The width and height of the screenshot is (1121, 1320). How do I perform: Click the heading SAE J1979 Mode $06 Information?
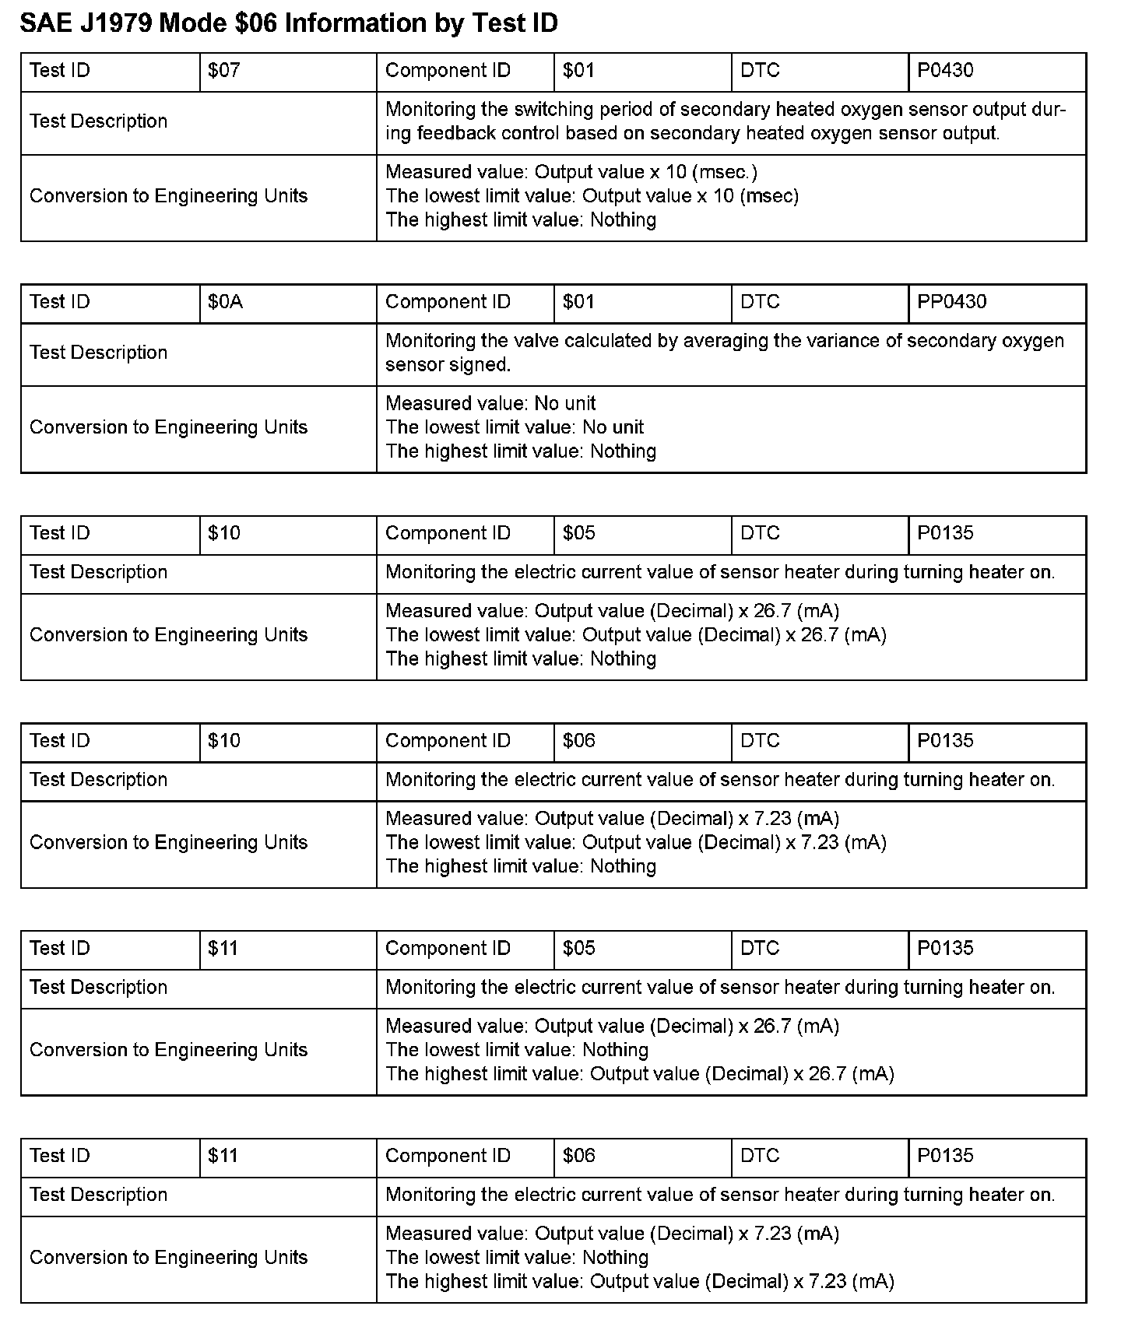click(x=289, y=23)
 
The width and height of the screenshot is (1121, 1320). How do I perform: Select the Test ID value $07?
click(x=224, y=71)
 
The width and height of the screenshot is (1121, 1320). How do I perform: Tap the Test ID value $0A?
click(x=226, y=302)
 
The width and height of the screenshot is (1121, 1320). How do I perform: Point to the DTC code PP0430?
click(x=951, y=302)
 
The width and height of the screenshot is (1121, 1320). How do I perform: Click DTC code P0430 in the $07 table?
click(x=945, y=71)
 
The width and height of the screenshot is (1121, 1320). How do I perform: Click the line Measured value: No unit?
click(x=490, y=403)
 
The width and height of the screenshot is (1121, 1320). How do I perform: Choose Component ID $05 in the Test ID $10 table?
click(x=579, y=533)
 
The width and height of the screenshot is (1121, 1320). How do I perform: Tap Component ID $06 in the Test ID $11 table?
click(x=579, y=1156)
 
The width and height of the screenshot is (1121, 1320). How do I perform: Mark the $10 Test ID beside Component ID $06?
click(x=224, y=741)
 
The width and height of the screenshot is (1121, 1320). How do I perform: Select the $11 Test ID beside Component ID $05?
click(x=223, y=948)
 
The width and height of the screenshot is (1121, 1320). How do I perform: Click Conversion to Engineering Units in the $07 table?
click(x=168, y=196)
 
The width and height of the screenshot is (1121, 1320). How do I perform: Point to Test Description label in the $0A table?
click(x=98, y=353)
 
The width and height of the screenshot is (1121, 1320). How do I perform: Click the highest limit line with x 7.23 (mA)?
click(x=639, y=1281)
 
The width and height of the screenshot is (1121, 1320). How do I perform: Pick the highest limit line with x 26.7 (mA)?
click(x=639, y=1074)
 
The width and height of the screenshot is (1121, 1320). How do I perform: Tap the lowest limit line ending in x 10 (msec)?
click(x=592, y=196)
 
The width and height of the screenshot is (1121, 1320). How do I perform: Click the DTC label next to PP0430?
click(x=760, y=302)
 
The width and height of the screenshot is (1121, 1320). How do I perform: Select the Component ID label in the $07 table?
click(x=448, y=71)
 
